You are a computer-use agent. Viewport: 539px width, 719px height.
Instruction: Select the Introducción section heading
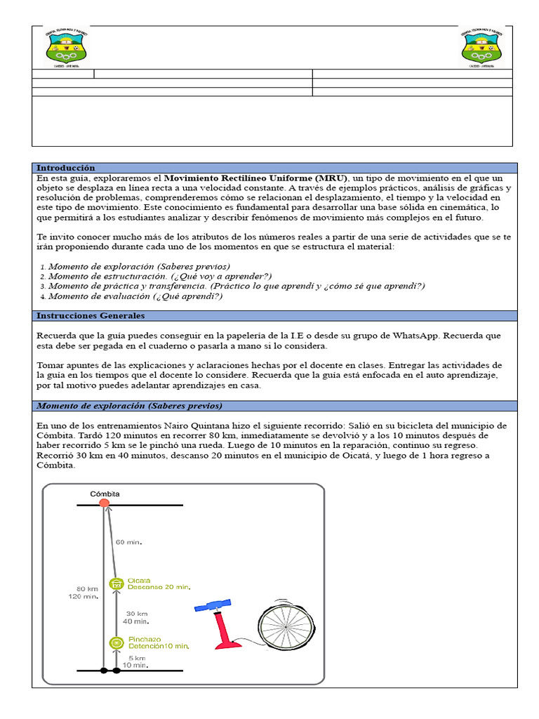[x=65, y=168]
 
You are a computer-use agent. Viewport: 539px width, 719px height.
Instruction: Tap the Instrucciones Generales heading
[x=91, y=316]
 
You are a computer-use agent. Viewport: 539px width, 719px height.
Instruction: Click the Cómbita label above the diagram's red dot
[x=105, y=494]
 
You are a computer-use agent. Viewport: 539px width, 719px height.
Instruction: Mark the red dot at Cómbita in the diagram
[x=105, y=504]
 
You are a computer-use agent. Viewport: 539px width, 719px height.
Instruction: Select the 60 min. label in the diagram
[x=128, y=542]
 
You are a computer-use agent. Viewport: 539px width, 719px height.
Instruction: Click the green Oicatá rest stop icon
[x=117, y=584]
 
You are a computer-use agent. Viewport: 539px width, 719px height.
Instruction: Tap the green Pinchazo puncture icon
[x=117, y=642]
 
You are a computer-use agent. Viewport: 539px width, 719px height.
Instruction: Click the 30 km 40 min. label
[x=136, y=616]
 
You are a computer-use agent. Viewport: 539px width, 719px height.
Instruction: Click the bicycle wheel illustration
[x=284, y=621]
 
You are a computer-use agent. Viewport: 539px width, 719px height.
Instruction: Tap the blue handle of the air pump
[x=212, y=605]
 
